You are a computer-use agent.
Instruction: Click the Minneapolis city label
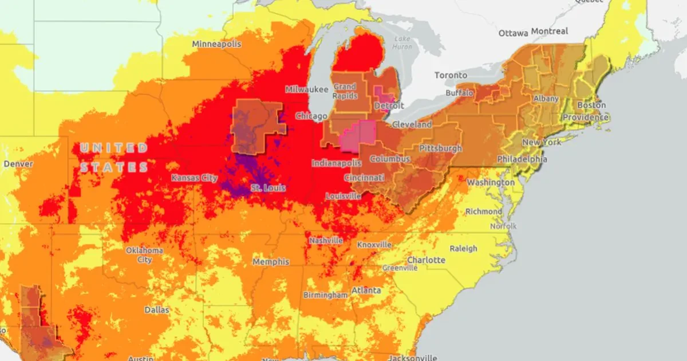tap(216, 44)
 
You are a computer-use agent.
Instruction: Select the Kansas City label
tap(194, 178)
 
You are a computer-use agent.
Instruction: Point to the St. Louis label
tap(269, 188)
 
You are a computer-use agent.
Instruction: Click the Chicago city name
tap(311, 116)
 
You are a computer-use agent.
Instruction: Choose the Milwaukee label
tap(307, 89)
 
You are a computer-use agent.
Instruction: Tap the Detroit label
tap(389, 106)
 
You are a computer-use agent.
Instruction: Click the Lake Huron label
tap(402, 43)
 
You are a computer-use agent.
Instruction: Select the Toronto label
tap(451, 75)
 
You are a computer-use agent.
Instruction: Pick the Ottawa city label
tap(512, 33)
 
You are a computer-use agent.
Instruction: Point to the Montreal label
tap(550, 31)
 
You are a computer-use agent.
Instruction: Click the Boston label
tap(591, 105)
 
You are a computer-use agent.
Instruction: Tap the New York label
tap(541, 142)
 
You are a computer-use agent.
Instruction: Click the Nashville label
tap(326, 241)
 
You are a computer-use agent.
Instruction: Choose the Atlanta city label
tap(366, 291)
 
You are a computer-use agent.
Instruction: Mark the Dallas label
tap(156, 310)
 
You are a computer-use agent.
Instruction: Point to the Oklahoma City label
tap(144, 255)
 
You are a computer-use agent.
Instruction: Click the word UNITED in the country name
tap(114, 148)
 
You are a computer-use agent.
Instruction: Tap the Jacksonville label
tap(413, 358)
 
